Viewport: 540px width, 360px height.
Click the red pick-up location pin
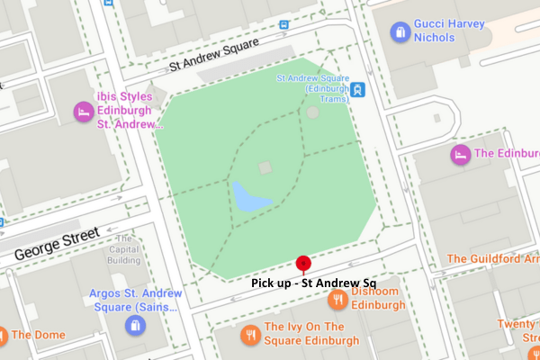tap(304, 264)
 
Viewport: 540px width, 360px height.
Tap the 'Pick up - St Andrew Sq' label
tap(313, 283)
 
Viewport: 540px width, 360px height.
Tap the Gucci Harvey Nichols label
tap(443, 31)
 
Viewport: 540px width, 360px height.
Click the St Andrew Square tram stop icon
tap(359, 90)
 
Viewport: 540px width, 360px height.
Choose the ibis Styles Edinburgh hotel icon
tap(82, 112)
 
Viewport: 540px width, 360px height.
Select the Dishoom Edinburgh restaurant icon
tap(337, 299)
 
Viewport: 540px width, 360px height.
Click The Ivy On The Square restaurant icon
tap(249, 336)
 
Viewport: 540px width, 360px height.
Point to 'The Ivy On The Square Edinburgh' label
tap(310, 335)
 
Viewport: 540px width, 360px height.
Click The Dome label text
tap(38, 336)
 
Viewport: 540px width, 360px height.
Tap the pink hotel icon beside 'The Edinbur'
tap(460, 154)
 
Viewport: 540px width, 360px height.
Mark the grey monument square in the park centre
tap(265, 167)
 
